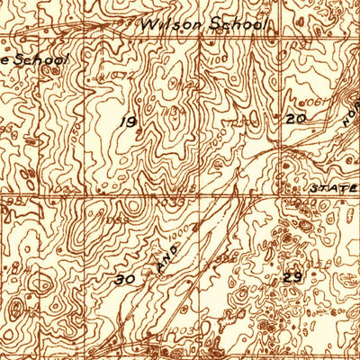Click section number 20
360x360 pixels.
(296, 118)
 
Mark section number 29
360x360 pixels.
(292, 278)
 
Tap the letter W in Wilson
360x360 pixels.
(147, 26)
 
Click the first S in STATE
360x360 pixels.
(315, 190)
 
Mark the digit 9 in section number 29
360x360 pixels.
(296, 278)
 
